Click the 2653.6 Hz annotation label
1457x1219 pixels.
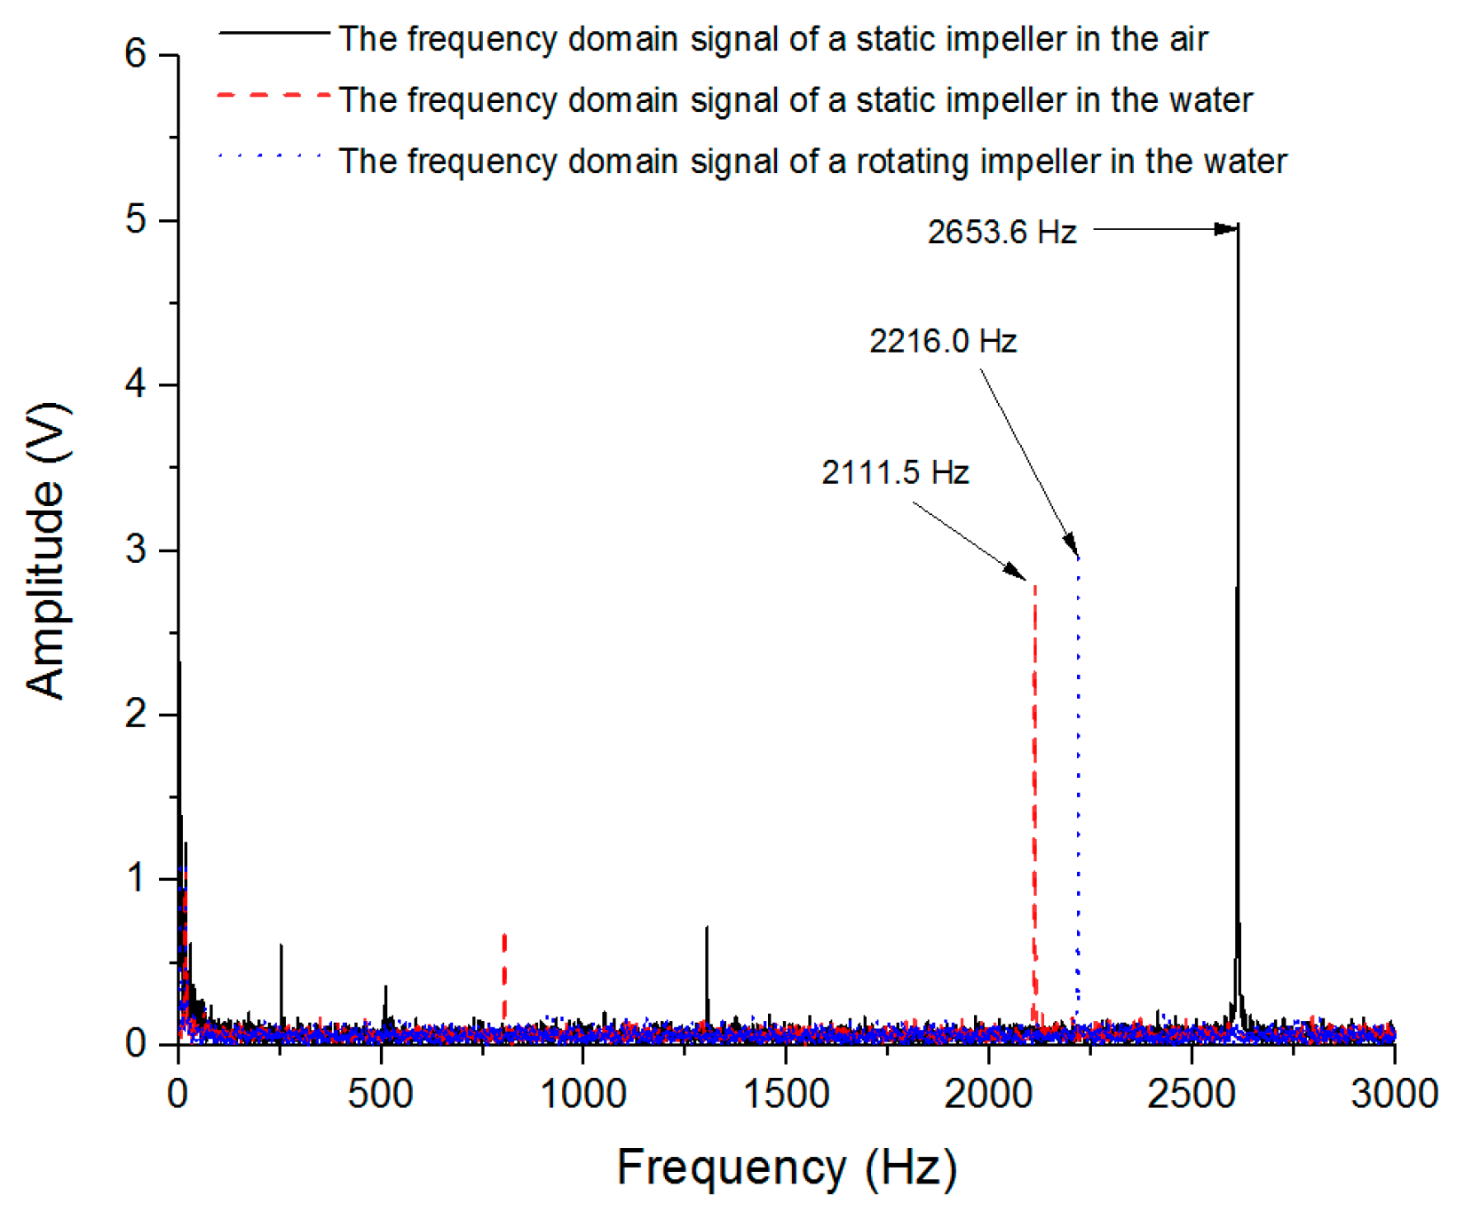pyautogui.click(x=1002, y=233)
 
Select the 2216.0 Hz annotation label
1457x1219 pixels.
pyautogui.click(x=943, y=341)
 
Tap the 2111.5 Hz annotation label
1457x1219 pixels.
pyautogui.click(x=895, y=472)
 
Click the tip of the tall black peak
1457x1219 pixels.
pyautogui.click(x=1238, y=227)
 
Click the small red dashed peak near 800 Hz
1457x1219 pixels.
pyautogui.click(x=504, y=936)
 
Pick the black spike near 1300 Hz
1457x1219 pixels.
pyautogui.click(x=707, y=929)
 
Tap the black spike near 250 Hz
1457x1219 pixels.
pyautogui.click(x=281, y=946)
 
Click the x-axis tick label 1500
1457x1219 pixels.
pyautogui.click(x=786, y=1094)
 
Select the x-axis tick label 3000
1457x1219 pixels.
pyautogui.click(x=1394, y=1094)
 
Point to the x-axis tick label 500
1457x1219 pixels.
pyautogui.click(x=380, y=1094)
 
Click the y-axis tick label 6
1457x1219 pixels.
pyautogui.click(x=135, y=55)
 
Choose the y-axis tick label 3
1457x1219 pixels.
pyautogui.click(x=135, y=550)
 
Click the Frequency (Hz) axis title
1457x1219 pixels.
pyautogui.click(x=787, y=1168)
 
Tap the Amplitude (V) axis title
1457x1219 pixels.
pyautogui.click(x=46, y=550)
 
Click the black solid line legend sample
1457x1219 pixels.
pyautogui.click(x=273, y=33)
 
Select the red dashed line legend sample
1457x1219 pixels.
pyautogui.click(x=273, y=94)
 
